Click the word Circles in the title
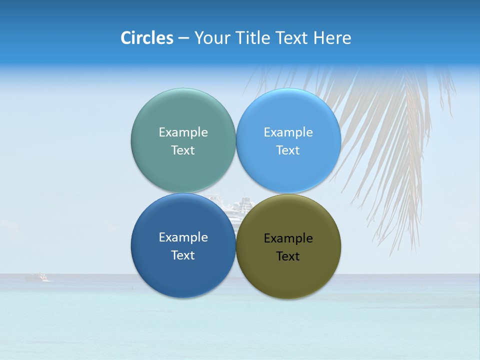pos(147,38)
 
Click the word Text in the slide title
pos(293,38)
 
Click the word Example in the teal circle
pos(183,132)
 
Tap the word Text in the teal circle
pos(183,150)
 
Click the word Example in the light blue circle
pos(288,132)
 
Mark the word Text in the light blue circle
pos(288,150)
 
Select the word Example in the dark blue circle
pos(183,237)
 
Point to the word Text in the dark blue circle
pos(183,255)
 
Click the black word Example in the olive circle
pos(288,238)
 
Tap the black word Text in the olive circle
pos(288,256)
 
